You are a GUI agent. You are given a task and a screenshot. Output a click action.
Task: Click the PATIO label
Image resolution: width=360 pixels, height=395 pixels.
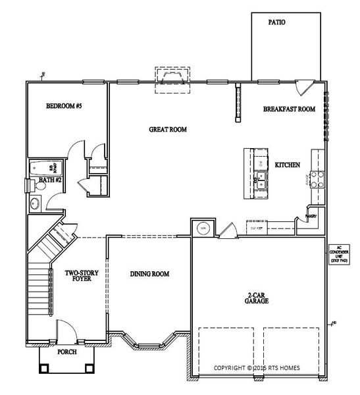point(277,22)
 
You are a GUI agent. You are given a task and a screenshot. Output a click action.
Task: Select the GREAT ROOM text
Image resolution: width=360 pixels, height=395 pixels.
point(168,130)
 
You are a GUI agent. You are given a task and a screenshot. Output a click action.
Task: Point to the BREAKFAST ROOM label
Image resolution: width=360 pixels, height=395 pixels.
point(289,109)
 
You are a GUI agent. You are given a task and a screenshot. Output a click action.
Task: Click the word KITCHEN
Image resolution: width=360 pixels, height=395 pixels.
point(288,165)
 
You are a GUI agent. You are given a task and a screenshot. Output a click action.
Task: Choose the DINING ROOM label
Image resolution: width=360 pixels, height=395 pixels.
point(150,273)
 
